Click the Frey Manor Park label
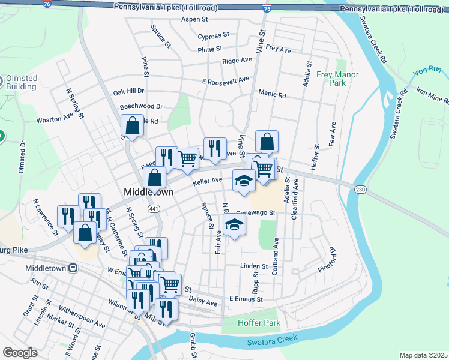337,79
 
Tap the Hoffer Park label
259,323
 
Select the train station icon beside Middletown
73,269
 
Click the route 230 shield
360,190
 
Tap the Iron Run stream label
427,71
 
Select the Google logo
20,353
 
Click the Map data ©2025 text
423,355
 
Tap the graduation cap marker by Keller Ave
243,181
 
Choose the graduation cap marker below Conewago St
234,225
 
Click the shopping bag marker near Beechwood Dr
132,126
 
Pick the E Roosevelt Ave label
225,80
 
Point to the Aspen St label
194,19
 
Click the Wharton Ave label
55,119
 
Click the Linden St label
253,266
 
